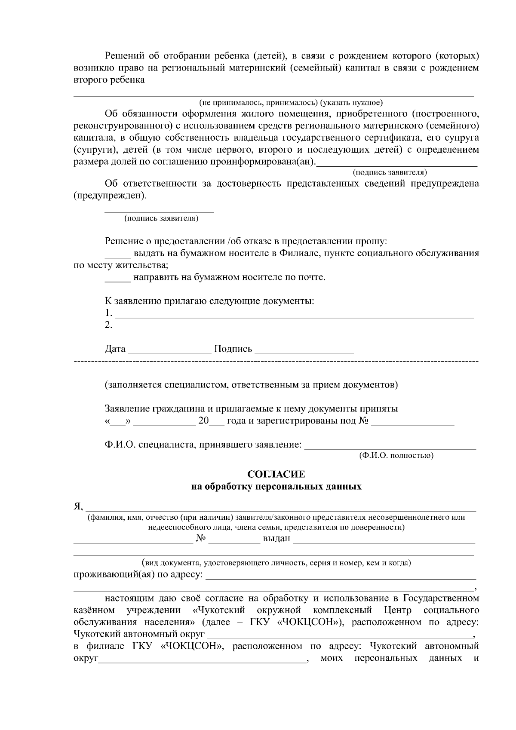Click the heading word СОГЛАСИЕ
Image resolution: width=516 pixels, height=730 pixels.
click(x=276, y=474)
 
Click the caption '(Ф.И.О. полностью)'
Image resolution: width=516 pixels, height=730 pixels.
click(x=396, y=455)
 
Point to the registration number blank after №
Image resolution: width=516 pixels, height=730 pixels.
click(x=412, y=424)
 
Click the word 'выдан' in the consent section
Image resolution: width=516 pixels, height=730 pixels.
click(x=276, y=539)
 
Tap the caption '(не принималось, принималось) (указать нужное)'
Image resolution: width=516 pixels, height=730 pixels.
click(x=291, y=103)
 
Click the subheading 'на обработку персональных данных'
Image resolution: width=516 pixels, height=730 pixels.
click(x=276, y=487)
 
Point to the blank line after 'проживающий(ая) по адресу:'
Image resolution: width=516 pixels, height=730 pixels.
click(x=341, y=578)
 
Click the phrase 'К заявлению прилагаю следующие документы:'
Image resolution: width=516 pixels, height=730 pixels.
click(x=209, y=301)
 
